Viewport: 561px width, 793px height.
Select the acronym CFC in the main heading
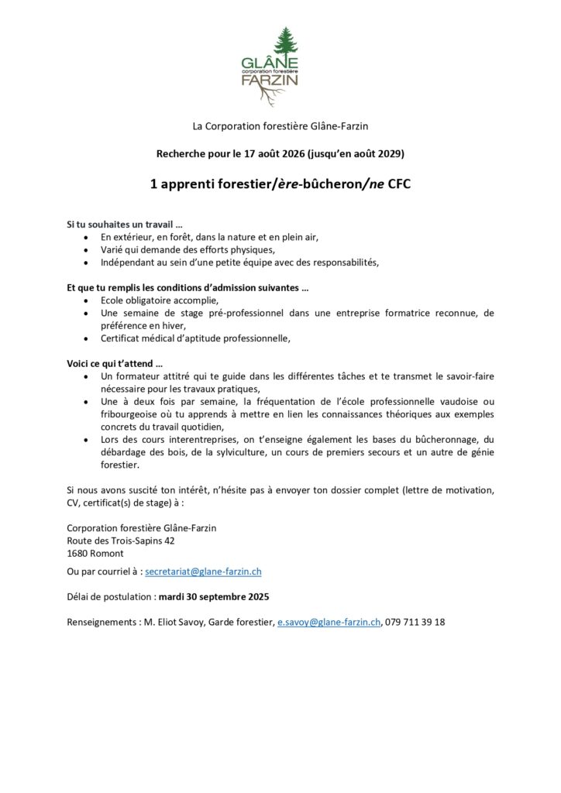pyautogui.click(x=394, y=186)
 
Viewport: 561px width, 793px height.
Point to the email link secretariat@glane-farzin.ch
pyautogui.click(x=203, y=572)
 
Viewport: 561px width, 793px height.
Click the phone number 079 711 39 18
pyautogui.click(x=415, y=622)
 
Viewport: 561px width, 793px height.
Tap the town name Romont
pyautogui.click(x=107, y=553)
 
